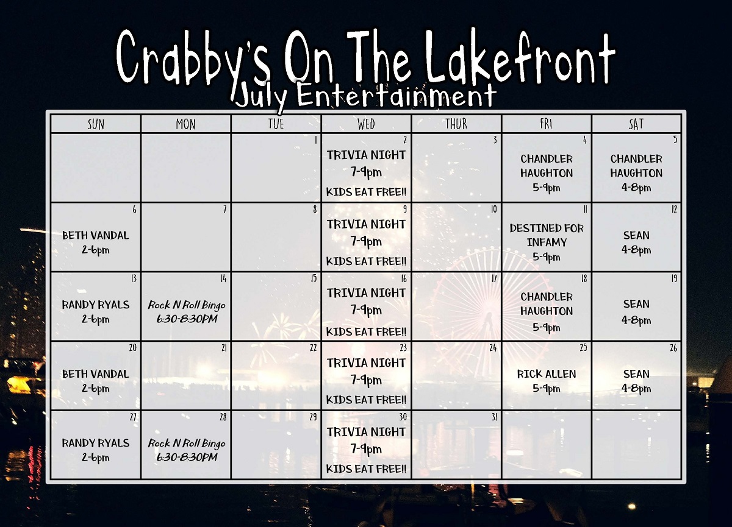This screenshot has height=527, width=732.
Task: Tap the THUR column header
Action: click(456, 124)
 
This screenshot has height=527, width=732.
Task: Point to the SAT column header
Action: click(636, 124)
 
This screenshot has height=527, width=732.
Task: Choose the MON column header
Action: click(185, 124)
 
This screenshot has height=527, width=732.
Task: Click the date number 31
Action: click(494, 417)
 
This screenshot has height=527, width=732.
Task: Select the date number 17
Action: click(493, 278)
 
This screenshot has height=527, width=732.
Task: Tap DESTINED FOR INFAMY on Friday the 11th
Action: click(547, 235)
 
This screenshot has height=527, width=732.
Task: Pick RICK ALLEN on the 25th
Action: click(547, 374)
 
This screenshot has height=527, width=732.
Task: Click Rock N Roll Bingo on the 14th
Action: click(187, 305)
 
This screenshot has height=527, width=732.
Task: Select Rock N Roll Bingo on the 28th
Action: click(187, 444)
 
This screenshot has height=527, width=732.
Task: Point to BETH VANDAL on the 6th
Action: click(95, 235)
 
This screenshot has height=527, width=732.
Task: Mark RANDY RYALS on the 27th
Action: click(95, 443)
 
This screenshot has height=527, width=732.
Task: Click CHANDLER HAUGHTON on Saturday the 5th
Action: click(636, 166)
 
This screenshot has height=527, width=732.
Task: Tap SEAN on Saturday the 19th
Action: click(636, 304)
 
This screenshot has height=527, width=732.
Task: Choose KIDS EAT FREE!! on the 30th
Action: click(366, 469)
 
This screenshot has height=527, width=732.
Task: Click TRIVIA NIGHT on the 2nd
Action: click(366, 155)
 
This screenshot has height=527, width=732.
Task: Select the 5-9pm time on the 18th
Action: click(547, 327)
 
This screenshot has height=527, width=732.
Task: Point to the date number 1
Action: click(316, 140)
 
